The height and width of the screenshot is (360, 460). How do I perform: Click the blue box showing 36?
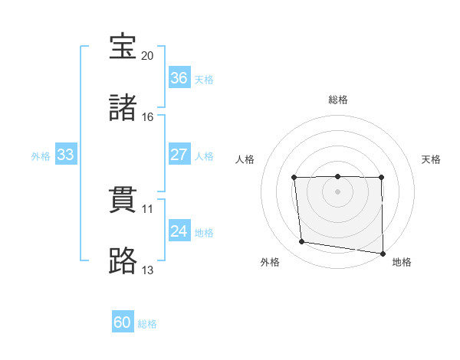179,78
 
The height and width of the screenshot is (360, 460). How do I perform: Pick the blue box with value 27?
179,155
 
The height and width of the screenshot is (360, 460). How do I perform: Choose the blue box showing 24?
179,231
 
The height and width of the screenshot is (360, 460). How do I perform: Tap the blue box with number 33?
66,155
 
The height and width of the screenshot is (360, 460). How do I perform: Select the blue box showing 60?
123,322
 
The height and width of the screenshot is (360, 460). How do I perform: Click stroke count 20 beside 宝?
148,55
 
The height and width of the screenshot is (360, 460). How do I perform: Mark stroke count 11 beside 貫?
148,208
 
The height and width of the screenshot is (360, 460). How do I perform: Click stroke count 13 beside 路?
148,270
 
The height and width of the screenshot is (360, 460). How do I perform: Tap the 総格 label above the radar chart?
337,100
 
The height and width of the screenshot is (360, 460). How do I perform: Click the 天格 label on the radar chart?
432,159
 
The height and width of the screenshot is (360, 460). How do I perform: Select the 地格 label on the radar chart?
402,262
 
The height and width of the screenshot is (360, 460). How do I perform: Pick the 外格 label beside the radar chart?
270,262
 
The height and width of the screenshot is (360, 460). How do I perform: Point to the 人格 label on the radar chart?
245,159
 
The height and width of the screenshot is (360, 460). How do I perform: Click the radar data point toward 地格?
382,254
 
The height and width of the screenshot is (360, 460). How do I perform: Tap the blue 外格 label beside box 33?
41,155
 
